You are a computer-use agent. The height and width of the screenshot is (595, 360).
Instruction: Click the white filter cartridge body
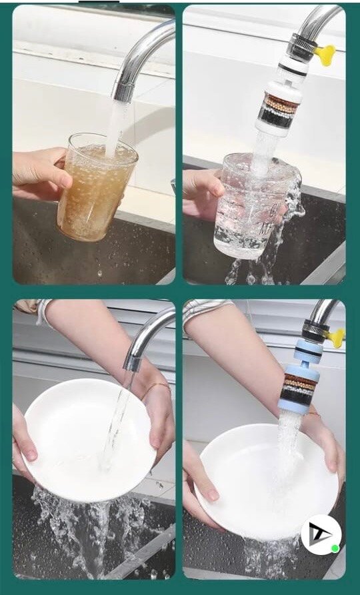coord(280,107)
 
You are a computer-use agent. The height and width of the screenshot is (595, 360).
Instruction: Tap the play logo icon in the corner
coord(321,534)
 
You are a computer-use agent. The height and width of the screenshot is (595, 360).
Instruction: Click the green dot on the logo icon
coord(335,548)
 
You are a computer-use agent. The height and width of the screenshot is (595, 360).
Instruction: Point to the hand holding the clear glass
coord(203,190)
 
